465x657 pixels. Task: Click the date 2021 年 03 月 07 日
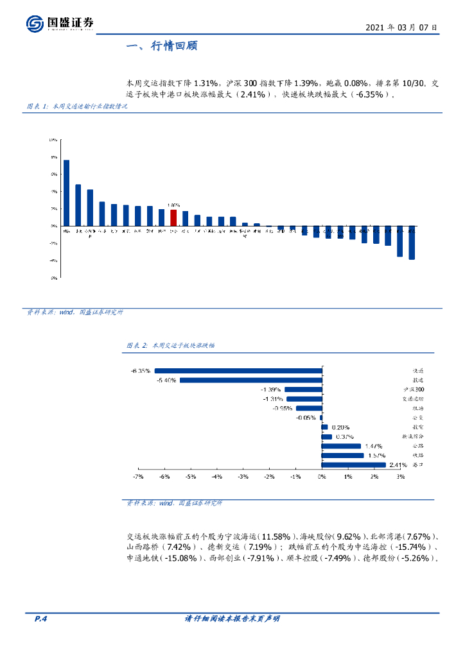401,28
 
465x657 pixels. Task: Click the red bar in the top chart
173,218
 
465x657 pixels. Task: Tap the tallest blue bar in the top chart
67,192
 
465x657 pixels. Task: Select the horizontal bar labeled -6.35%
238,370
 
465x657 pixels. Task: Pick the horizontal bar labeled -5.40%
250,380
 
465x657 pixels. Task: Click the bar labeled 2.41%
353,465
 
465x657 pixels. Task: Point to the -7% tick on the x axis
137,477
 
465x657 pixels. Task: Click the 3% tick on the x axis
400,477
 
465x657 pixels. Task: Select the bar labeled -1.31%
303,398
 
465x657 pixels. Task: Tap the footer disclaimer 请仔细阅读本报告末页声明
232,619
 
